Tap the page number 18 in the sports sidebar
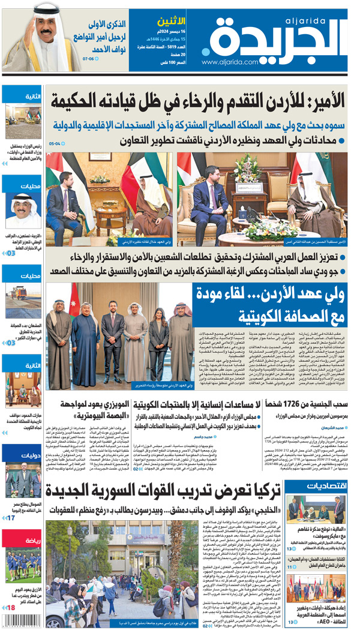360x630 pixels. tap(10, 608)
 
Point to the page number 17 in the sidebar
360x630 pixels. tap(11, 517)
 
